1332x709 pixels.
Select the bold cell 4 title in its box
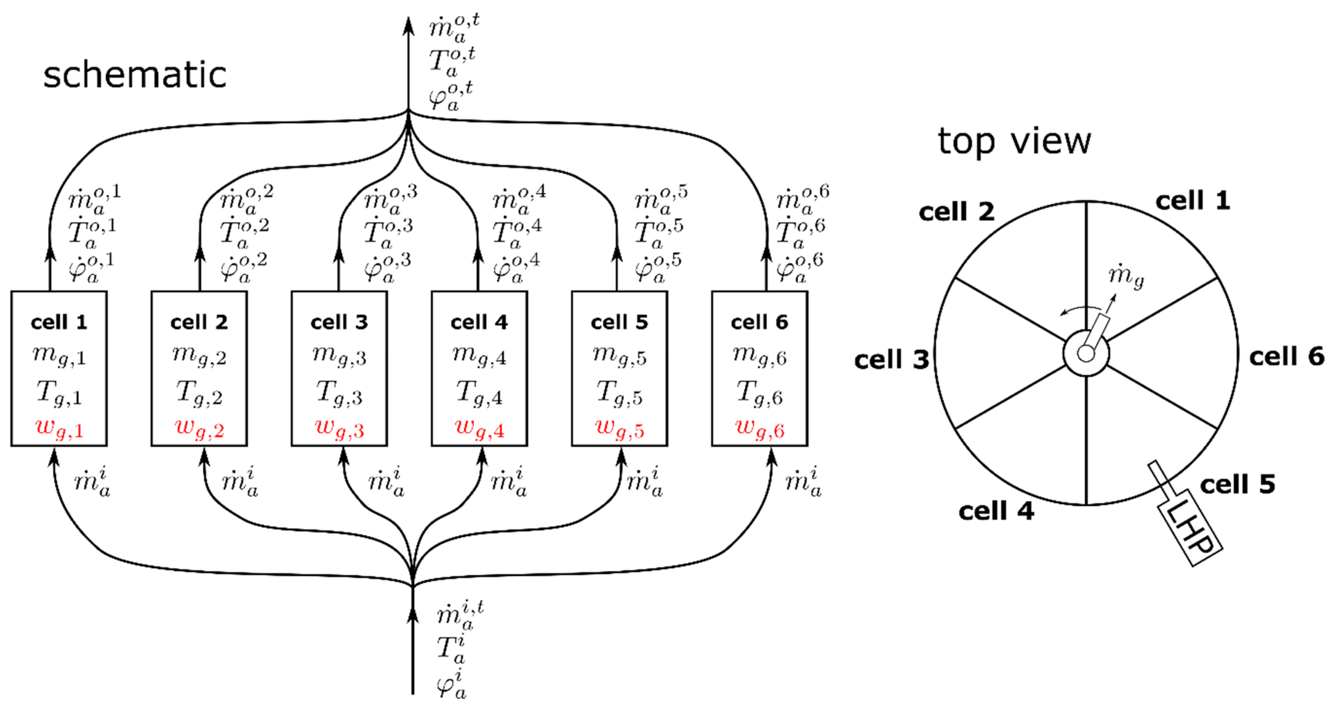pos(479,322)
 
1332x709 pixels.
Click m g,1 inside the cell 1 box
pos(59,356)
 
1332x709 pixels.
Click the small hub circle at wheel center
pos(1086,353)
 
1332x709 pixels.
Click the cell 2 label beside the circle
pos(956,211)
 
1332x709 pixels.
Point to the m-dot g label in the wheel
pos(1126,277)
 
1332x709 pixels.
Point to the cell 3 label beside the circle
pos(891,359)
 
